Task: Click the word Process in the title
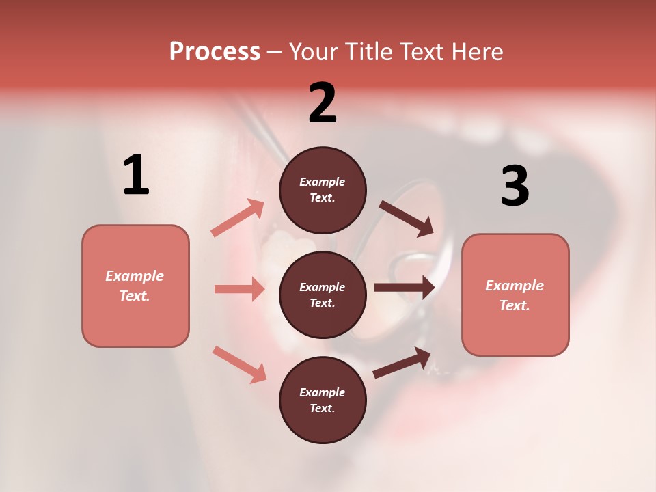[x=215, y=51]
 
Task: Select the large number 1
[x=136, y=175]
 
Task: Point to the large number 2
[x=323, y=103]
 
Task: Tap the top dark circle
[x=323, y=190]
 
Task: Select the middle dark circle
[x=323, y=295]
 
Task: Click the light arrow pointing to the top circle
[x=238, y=218]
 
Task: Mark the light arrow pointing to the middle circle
[x=239, y=289]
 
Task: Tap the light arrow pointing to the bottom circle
[x=239, y=364]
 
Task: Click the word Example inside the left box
[x=135, y=276]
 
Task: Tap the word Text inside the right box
[x=515, y=305]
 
